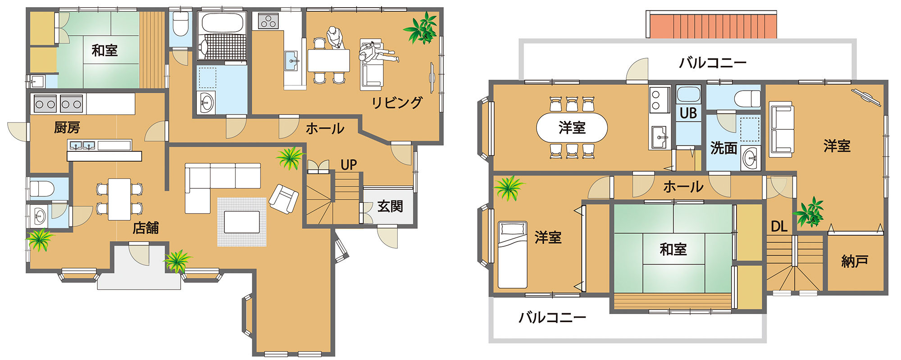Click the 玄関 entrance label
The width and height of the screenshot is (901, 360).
coord(390,206)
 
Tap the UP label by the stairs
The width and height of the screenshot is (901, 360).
coord(349,165)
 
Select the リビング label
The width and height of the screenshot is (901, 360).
coord(397,103)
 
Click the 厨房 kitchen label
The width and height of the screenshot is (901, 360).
coord(67,128)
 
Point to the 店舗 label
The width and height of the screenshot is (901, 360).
coord(146,228)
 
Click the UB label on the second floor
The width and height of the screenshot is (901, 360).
coord(688,113)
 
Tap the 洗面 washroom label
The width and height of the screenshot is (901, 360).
coord(724,148)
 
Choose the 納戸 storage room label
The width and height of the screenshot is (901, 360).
coord(855,261)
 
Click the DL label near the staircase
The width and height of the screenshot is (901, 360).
coord(779,226)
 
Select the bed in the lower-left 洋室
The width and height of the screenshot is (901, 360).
coord(512,255)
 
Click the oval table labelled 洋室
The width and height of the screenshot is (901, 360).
coord(572,128)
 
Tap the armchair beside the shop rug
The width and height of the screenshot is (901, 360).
coord(284,199)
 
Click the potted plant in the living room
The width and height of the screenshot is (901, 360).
coord(422,28)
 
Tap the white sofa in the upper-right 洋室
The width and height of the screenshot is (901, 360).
coord(781,129)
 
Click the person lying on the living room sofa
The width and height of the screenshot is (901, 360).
coord(378,55)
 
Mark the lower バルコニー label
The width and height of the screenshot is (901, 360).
coord(552,318)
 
